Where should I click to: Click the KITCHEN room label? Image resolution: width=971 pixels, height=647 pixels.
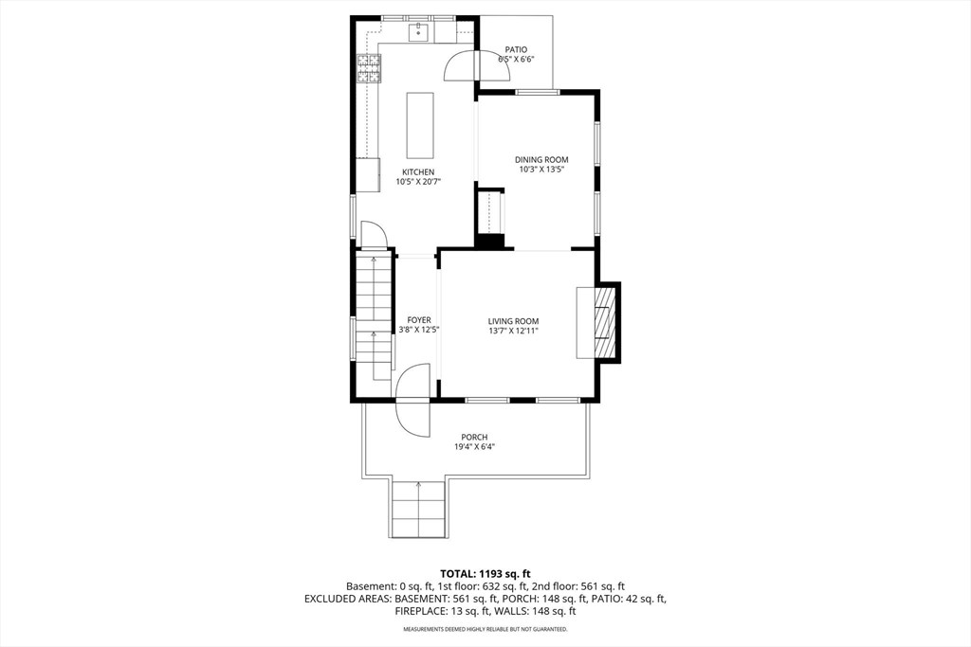(x=418, y=172)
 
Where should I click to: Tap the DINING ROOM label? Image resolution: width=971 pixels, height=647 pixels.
(x=541, y=159)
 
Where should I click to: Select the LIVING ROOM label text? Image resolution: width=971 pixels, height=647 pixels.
(x=513, y=321)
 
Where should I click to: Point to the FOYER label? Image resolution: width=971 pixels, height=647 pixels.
(x=419, y=320)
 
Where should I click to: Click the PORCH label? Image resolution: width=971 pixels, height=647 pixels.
(x=474, y=438)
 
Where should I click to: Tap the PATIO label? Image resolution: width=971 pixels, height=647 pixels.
(x=516, y=49)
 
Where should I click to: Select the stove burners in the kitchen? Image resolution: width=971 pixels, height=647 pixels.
(x=369, y=68)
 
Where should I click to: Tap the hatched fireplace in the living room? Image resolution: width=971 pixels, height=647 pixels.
(x=604, y=322)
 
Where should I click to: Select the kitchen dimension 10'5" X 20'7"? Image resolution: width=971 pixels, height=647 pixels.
(x=418, y=182)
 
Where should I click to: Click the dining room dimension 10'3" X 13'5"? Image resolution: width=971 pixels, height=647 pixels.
(x=541, y=169)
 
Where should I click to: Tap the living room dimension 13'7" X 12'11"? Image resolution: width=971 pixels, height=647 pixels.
(x=513, y=331)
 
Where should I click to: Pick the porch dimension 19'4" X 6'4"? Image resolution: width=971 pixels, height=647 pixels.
(x=474, y=446)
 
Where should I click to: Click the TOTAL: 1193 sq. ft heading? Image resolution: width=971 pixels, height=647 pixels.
(x=485, y=573)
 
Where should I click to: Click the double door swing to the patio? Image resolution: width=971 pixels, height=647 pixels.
(x=477, y=65)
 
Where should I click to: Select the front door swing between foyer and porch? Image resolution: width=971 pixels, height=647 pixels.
(x=412, y=400)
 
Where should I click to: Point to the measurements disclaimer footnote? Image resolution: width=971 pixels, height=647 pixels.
(x=485, y=629)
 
